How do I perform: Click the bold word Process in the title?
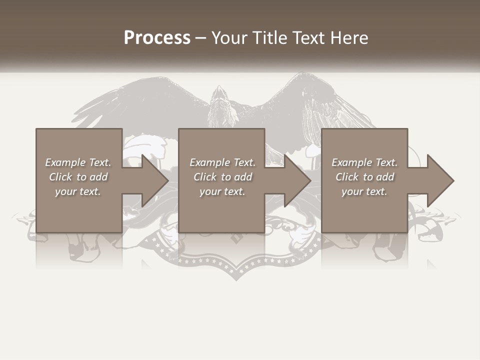click(x=157, y=38)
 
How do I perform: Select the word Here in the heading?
click(x=348, y=38)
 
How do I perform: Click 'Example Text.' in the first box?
click(x=78, y=162)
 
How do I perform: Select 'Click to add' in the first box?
click(x=78, y=177)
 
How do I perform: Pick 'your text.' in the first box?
click(x=78, y=191)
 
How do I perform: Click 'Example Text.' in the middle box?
click(x=222, y=162)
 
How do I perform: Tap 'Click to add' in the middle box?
click(x=222, y=177)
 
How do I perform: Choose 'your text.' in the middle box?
click(x=222, y=191)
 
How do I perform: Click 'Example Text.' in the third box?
click(x=364, y=162)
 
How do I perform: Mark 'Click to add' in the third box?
click(x=364, y=177)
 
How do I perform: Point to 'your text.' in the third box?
click(x=364, y=191)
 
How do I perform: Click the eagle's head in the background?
click(x=219, y=95)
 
